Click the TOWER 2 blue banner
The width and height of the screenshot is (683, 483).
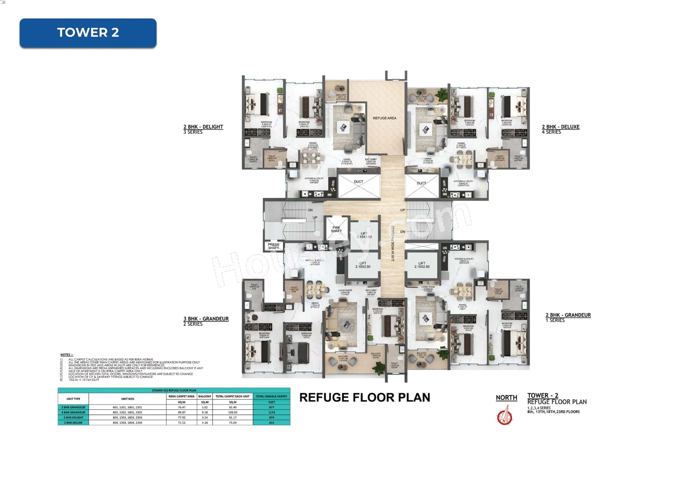pos(88,33)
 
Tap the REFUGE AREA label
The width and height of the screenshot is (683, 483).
pos(384,118)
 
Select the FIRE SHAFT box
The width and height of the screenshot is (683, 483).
pos(336,229)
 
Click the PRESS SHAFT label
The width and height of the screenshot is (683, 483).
pos(273,246)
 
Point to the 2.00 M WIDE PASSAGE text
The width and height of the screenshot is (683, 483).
pos(393,243)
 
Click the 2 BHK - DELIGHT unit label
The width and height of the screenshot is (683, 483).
pos(203,127)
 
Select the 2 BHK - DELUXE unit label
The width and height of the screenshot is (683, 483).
pos(561,127)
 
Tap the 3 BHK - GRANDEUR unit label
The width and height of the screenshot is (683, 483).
pos(206,319)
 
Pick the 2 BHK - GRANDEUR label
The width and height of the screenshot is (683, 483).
pos(568,315)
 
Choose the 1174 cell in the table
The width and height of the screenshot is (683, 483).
pos(271,412)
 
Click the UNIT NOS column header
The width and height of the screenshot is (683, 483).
pos(127,399)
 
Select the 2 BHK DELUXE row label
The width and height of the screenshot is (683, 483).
pos(73,423)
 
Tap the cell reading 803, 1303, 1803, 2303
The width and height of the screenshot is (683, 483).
pos(127,418)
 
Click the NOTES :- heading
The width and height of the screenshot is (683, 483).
pos(67,355)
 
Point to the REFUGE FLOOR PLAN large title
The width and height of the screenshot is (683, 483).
pos(364,398)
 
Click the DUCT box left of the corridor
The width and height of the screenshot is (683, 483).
pos(359,186)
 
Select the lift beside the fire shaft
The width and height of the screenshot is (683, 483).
pos(364,235)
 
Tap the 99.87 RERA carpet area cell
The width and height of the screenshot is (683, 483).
pos(181,412)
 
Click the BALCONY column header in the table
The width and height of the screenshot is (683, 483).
pos(205,396)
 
